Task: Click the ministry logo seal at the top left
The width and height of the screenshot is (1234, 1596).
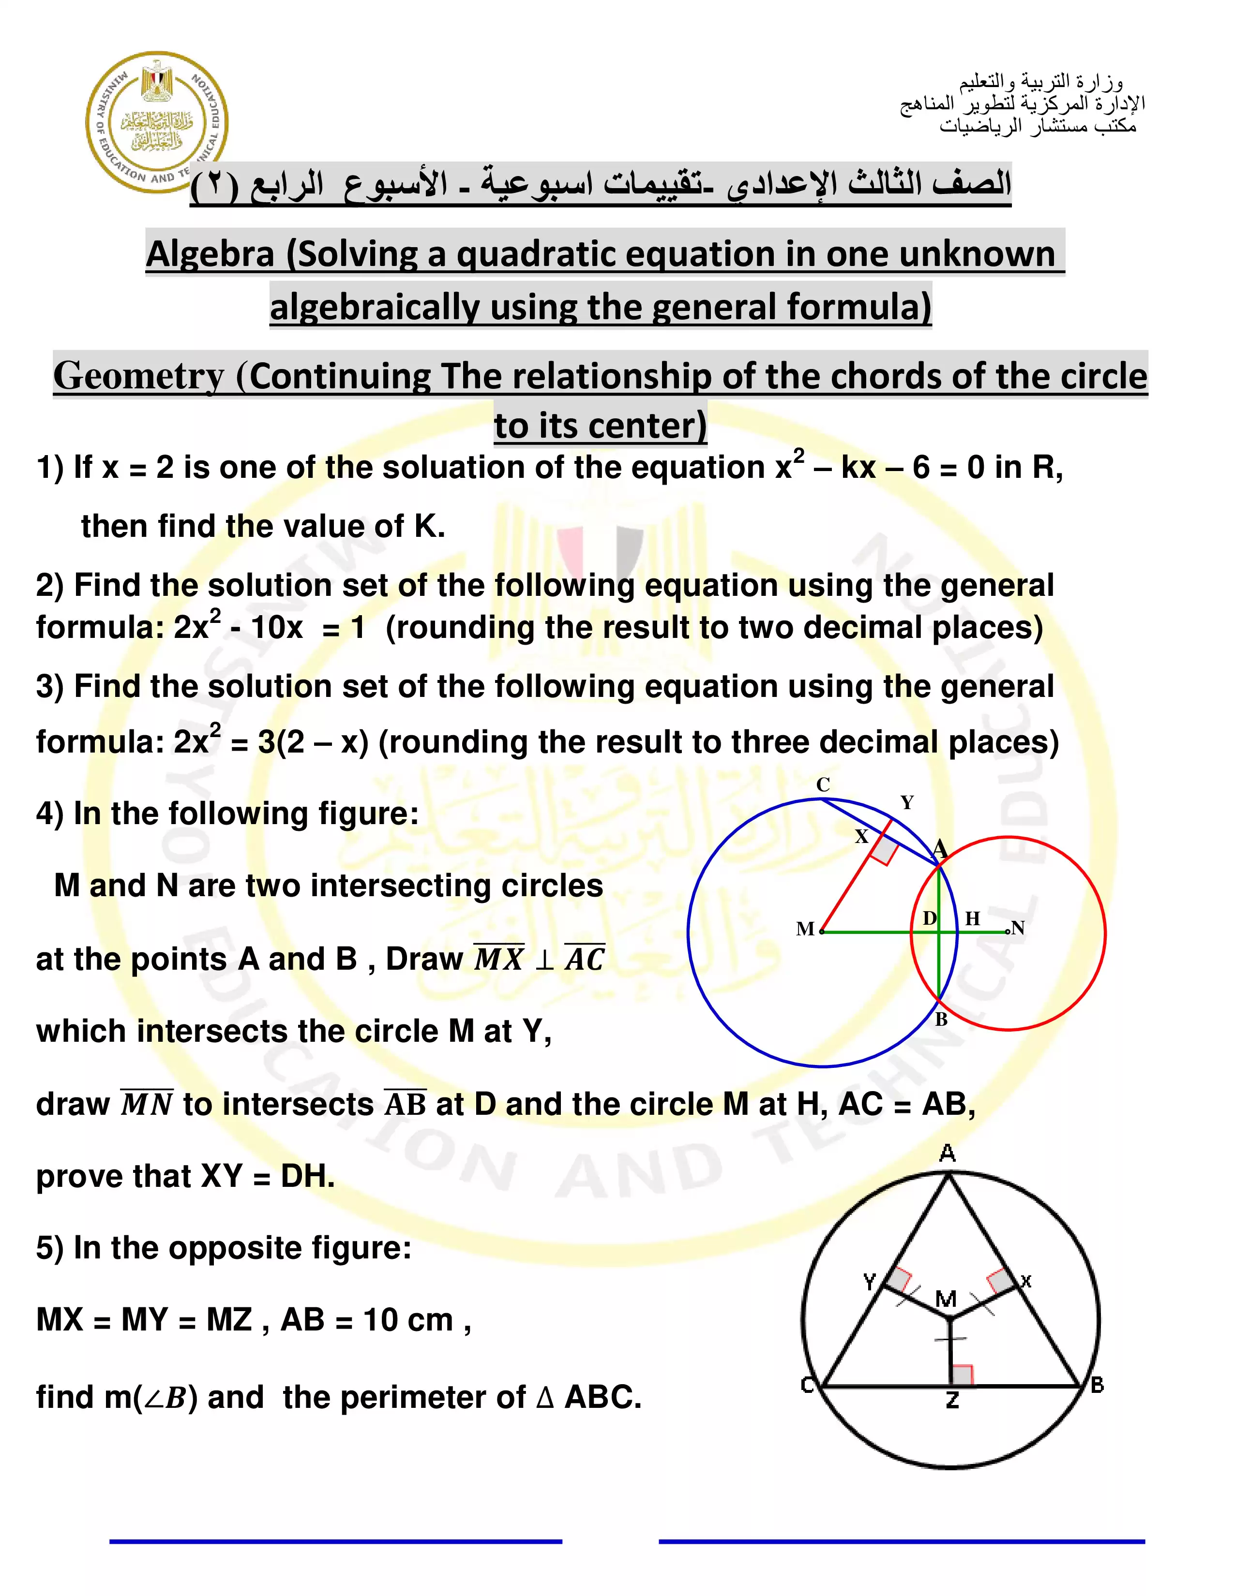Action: pyautogui.click(x=156, y=121)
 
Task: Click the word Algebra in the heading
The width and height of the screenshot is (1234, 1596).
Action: pyautogui.click(x=211, y=254)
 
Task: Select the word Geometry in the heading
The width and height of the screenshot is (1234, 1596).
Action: pyautogui.click(x=138, y=376)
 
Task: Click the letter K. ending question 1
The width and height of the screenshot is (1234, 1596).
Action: pyautogui.click(x=430, y=526)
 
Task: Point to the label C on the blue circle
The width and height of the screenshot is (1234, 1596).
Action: pyautogui.click(x=823, y=785)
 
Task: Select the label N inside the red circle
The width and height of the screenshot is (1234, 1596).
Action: pyautogui.click(x=1018, y=928)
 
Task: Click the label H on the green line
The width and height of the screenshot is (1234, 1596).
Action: pyautogui.click(x=972, y=918)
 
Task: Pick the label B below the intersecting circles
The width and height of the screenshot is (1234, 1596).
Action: pyautogui.click(x=942, y=1020)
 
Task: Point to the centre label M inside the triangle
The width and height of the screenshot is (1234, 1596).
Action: pyautogui.click(x=946, y=1299)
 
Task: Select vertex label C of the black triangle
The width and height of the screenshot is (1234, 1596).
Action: pyautogui.click(x=808, y=1385)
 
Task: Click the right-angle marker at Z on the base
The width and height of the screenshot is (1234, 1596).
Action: pyautogui.click(x=962, y=1375)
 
